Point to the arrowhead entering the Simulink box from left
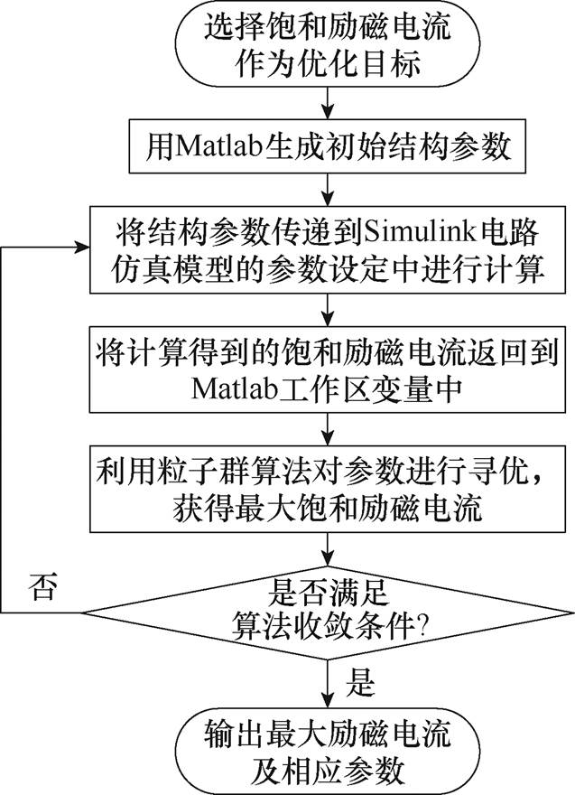tap(81, 248)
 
